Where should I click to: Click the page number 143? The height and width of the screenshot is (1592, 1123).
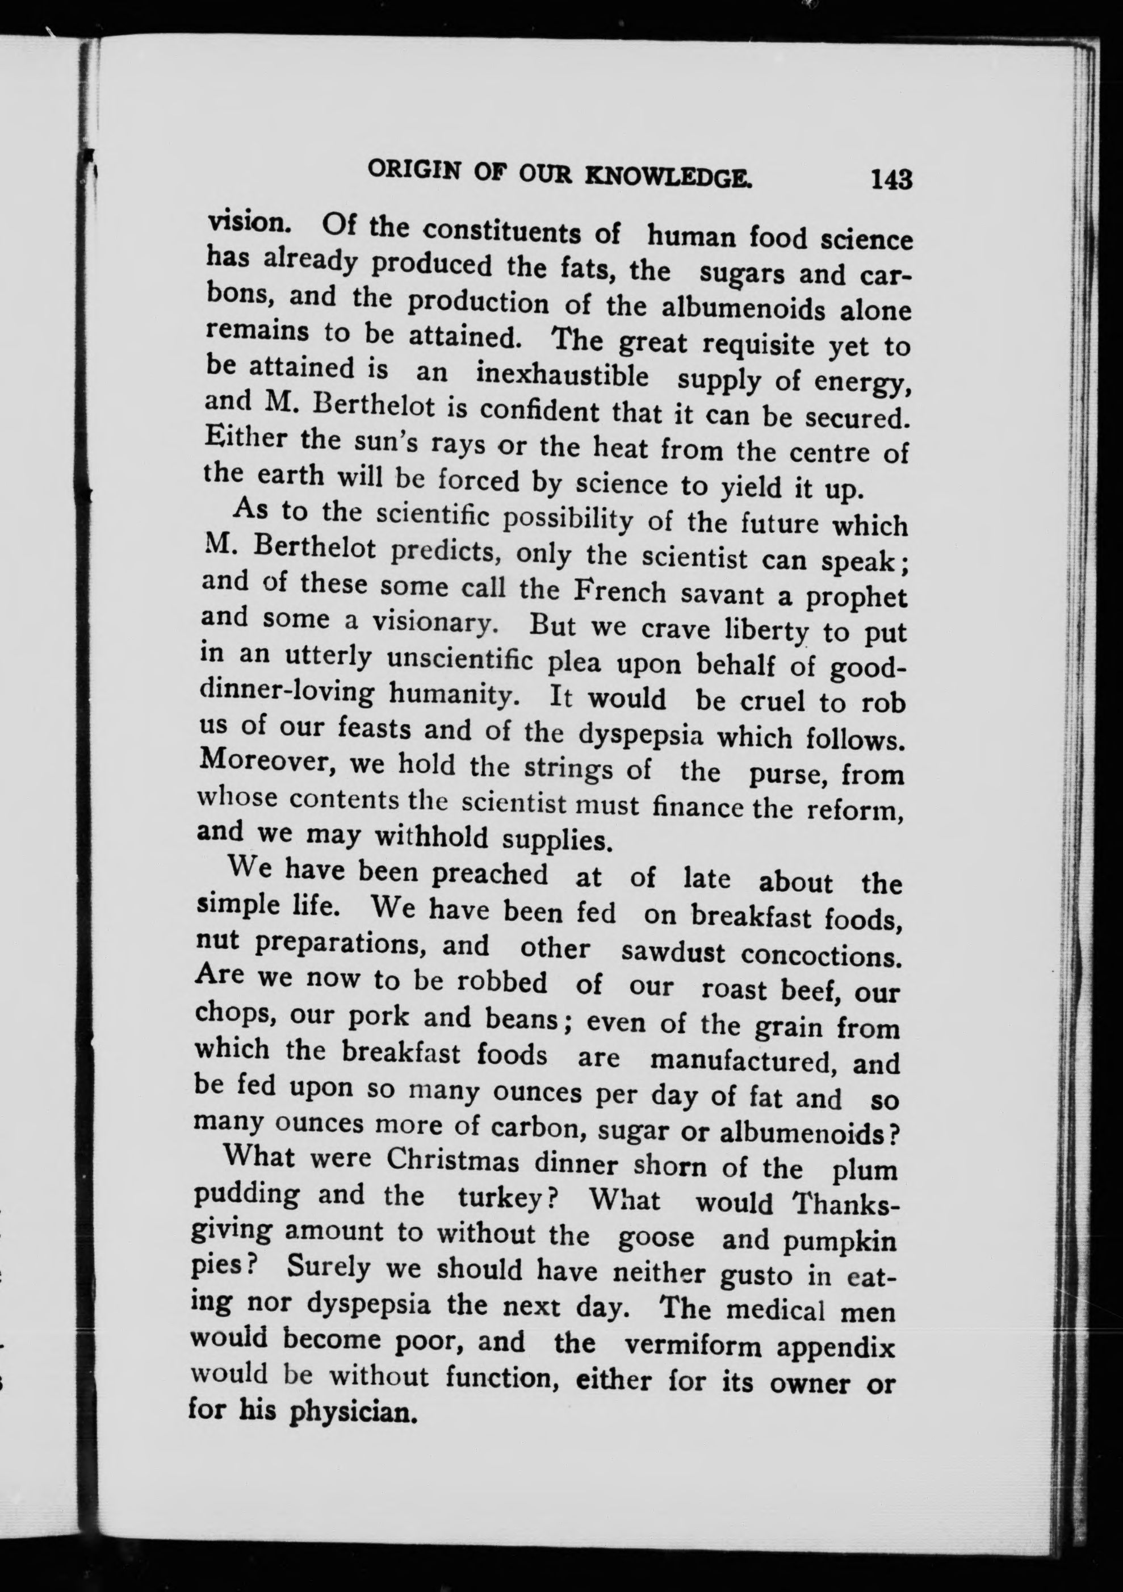point(892,179)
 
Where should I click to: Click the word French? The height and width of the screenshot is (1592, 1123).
point(621,593)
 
